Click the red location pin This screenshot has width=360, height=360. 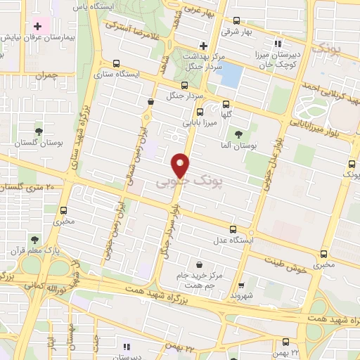tap(181, 165)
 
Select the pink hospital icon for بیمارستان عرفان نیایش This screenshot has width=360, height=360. tap(37, 27)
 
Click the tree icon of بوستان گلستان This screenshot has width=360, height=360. tap(39, 131)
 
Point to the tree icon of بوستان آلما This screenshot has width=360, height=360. tap(239, 134)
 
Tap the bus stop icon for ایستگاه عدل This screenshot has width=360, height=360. tap(233, 229)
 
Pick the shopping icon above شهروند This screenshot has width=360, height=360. tap(241, 287)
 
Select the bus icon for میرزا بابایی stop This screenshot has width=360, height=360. tap(200, 112)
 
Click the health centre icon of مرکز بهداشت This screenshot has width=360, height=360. tap(203, 45)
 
